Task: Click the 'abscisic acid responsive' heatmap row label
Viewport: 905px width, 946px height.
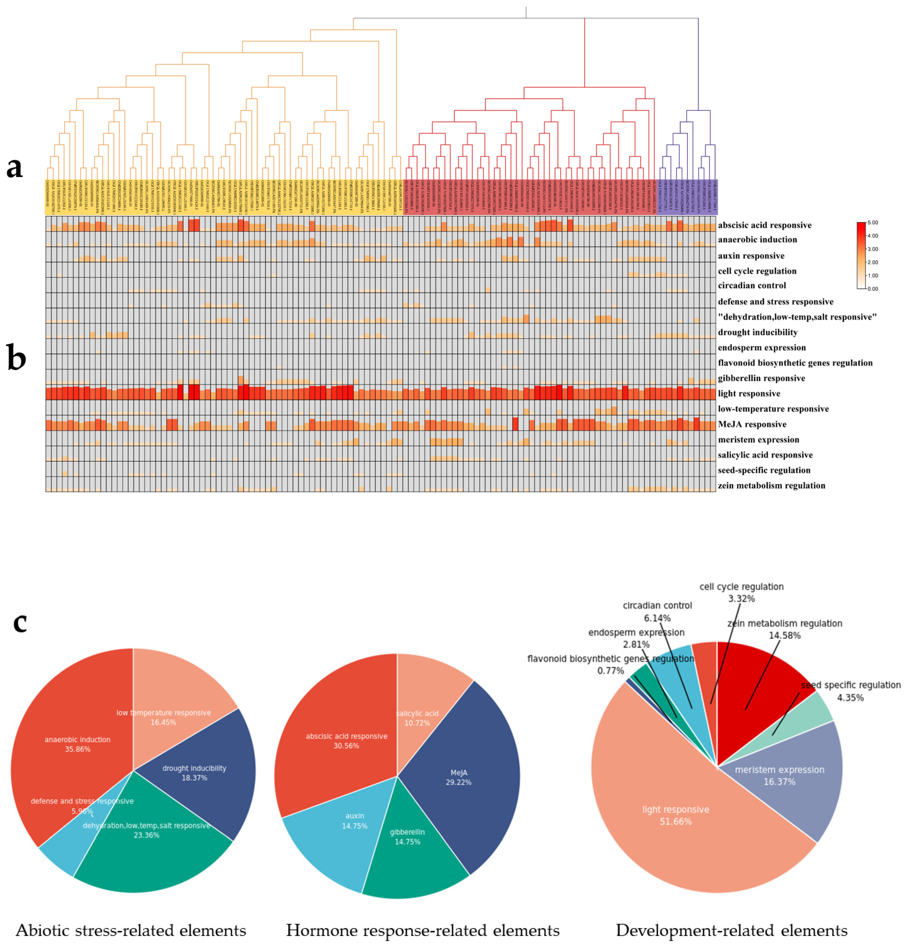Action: tap(764, 225)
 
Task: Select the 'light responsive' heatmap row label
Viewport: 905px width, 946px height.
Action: tap(749, 393)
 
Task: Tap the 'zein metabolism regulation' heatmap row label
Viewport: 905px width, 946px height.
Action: tap(771, 486)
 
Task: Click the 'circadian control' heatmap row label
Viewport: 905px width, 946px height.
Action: tap(752, 286)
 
